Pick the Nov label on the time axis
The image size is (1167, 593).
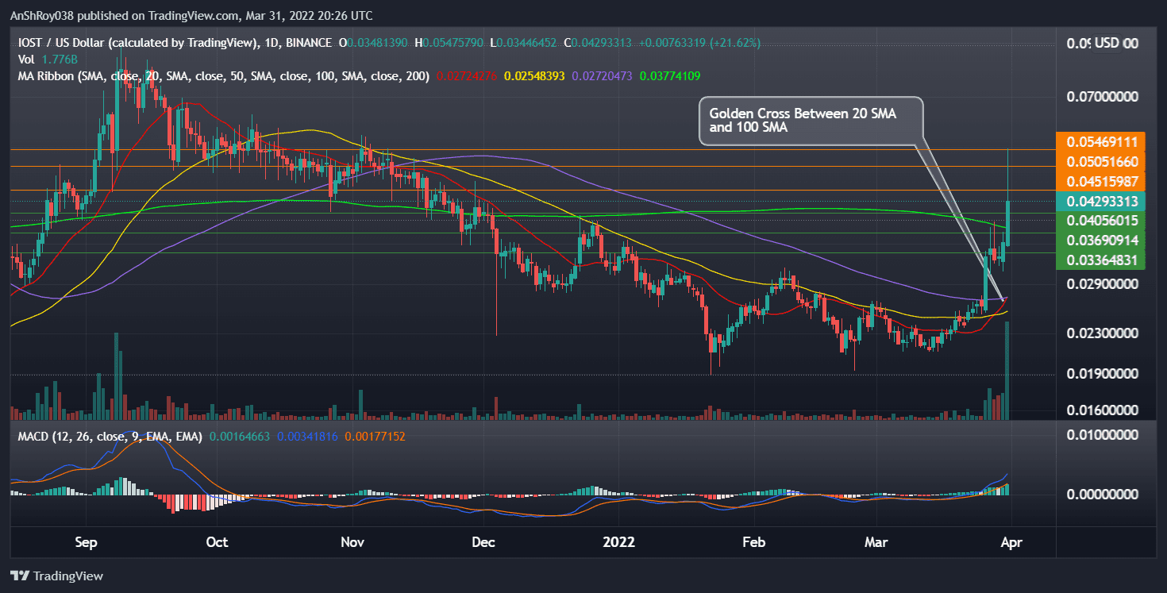[352, 542]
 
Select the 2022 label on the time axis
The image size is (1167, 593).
[619, 542]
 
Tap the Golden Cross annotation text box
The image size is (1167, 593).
[811, 121]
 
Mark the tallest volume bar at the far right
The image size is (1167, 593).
[1007, 370]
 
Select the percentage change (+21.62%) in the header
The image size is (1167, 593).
[737, 42]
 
